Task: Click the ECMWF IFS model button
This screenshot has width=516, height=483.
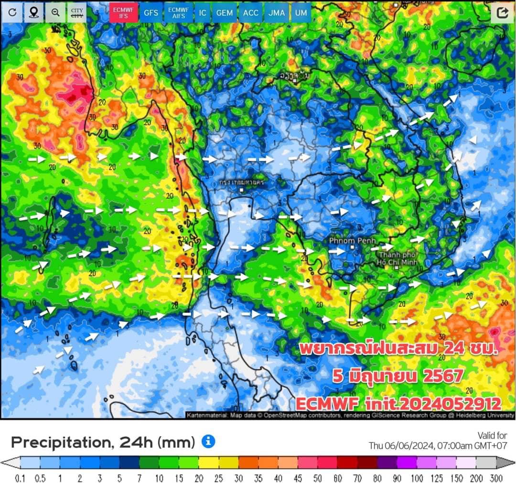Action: coord(124,12)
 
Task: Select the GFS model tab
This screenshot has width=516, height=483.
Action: coord(151,13)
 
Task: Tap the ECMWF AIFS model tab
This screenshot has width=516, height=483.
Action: coord(179,13)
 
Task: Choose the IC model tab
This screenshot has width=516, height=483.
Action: coord(203,13)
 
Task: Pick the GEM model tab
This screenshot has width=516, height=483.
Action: coord(225,13)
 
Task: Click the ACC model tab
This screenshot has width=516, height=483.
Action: coord(250,13)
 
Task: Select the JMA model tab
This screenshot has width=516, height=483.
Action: coord(276,13)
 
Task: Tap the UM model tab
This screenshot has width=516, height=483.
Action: coord(301,13)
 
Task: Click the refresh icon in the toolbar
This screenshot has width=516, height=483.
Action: coord(12,13)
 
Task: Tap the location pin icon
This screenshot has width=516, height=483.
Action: coord(33,13)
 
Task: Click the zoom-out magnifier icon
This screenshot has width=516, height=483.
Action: coord(55,13)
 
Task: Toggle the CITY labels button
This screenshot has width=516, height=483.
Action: coord(77,13)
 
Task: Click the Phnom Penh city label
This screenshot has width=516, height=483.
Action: coord(352,241)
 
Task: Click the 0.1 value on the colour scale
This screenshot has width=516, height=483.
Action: coord(21,477)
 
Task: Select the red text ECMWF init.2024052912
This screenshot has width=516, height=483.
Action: coord(398,404)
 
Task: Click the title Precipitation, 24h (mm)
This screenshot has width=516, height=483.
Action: coord(103,442)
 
